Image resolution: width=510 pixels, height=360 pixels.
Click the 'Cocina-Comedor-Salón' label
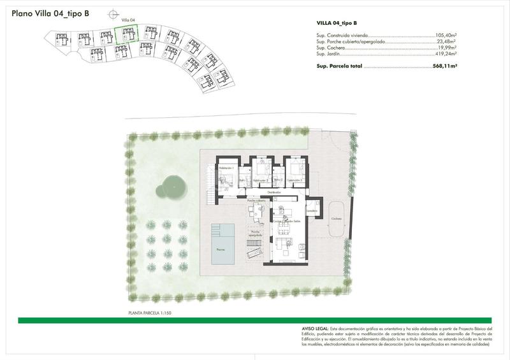(x=287, y=221)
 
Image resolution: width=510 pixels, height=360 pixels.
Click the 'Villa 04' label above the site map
(x=129, y=21)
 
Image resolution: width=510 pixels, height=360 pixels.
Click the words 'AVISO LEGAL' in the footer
(x=316, y=328)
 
